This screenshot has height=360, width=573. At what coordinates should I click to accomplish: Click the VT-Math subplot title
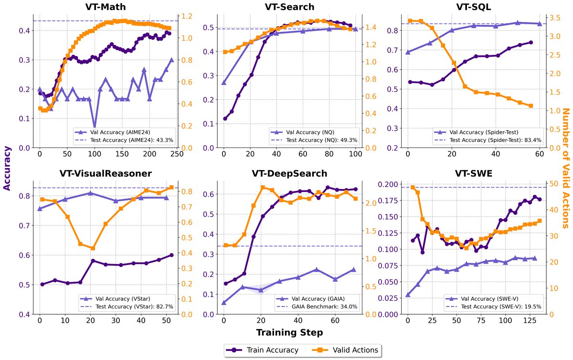[109, 7]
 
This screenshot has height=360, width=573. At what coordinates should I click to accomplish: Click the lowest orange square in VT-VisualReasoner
[93, 248]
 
